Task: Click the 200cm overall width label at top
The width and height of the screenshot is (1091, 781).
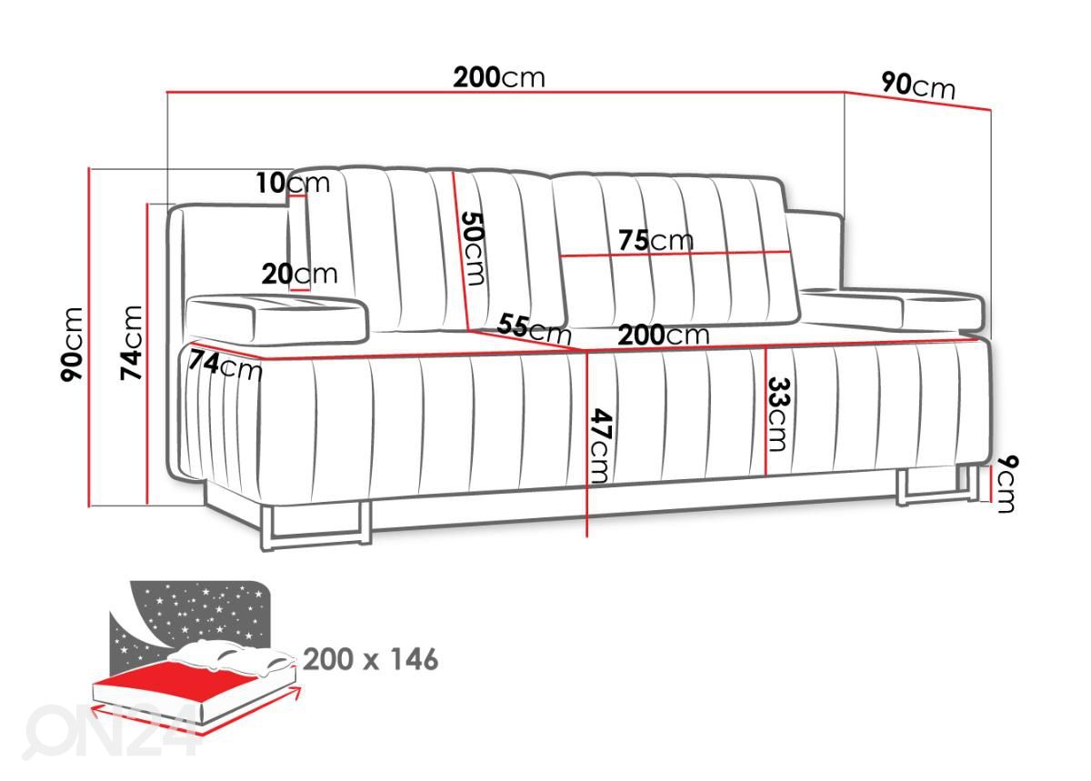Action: [499, 77]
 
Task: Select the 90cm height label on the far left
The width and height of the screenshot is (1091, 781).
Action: [72, 345]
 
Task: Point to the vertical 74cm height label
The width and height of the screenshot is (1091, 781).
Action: [131, 343]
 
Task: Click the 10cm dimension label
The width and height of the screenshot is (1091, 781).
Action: [293, 183]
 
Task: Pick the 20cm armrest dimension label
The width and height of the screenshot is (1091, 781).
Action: [299, 274]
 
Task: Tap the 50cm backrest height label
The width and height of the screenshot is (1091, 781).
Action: [473, 248]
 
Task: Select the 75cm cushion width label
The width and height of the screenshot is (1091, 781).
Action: [656, 240]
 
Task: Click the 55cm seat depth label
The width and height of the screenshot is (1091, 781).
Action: [534, 328]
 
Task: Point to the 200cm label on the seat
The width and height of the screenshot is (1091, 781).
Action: [664, 335]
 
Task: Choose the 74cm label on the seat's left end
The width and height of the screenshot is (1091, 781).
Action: [225, 365]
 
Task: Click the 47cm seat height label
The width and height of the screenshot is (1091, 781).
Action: [601, 446]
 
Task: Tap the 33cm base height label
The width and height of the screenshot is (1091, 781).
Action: [779, 415]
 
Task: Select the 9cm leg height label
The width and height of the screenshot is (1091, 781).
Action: [1006, 484]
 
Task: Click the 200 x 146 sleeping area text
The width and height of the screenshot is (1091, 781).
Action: [371, 660]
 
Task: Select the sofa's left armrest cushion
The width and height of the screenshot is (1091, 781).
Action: [276, 319]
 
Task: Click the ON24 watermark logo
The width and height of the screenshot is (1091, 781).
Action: [111, 731]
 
